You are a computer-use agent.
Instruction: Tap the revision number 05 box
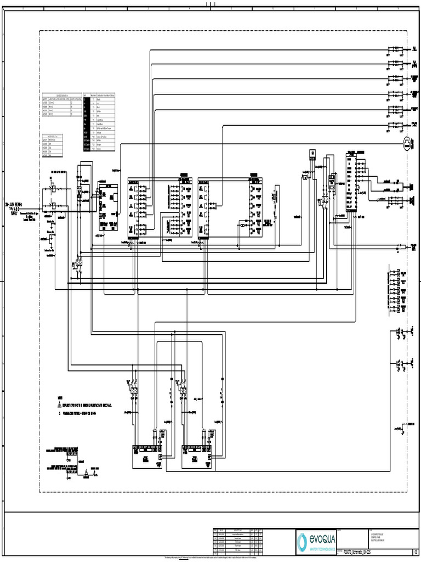click(416, 552)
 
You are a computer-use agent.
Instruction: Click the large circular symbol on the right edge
click(407, 144)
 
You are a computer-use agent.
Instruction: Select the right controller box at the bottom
click(196, 457)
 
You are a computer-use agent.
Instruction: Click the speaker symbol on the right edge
click(411, 186)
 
